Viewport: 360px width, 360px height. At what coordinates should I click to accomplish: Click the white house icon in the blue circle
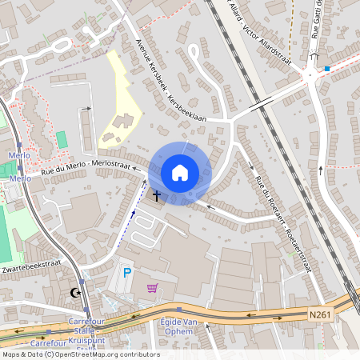pyautogui.click(x=180, y=172)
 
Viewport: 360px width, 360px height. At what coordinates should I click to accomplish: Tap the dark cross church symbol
pyautogui.click(x=157, y=195)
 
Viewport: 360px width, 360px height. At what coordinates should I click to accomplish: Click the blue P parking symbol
pyautogui.click(x=126, y=274)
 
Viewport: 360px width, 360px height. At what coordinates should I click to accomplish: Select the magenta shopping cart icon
pyautogui.click(x=152, y=287)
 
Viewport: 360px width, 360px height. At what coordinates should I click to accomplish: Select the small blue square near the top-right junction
pyautogui.click(x=326, y=70)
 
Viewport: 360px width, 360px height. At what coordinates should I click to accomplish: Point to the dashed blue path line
pyautogui.click(x=128, y=224)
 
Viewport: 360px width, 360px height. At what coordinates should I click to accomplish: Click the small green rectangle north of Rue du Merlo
pyautogui.click(x=62, y=139)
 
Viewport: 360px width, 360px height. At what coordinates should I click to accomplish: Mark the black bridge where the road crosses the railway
pyautogui.click(x=260, y=105)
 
